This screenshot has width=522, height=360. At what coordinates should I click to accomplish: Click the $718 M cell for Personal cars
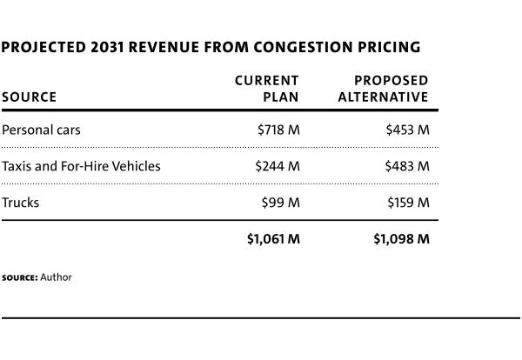(x=278, y=130)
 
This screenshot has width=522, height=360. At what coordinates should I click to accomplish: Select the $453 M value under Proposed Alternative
(x=407, y=130)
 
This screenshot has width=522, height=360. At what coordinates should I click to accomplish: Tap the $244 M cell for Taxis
(x=278, y=166)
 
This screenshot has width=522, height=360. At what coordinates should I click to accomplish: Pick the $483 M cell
(x=407, y=166)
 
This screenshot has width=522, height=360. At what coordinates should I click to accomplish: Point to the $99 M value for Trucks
(x=281, y=203)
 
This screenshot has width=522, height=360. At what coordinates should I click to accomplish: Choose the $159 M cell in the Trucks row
(x=408, y=203)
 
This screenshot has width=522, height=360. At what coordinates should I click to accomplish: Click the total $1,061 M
(x=273, y=239)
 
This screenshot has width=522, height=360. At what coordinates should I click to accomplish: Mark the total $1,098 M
(x=401, y=239)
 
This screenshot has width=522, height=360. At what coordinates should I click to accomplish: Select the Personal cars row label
(x=41, y=130)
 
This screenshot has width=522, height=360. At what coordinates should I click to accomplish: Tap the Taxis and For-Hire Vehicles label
(x=81, y=166)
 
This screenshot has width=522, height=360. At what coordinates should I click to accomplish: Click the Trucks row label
(x=21, y=203)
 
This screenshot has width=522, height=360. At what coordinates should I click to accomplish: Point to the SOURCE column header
(x=29, y=97)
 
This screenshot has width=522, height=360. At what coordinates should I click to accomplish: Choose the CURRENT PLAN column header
(x=267, y=89)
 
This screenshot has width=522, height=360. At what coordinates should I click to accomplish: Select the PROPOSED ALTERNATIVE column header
(x=384, y=89)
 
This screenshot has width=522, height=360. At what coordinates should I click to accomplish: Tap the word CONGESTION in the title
(x=296, y=47)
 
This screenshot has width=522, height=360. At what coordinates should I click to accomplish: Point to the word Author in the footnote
(x=56, y=277)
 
